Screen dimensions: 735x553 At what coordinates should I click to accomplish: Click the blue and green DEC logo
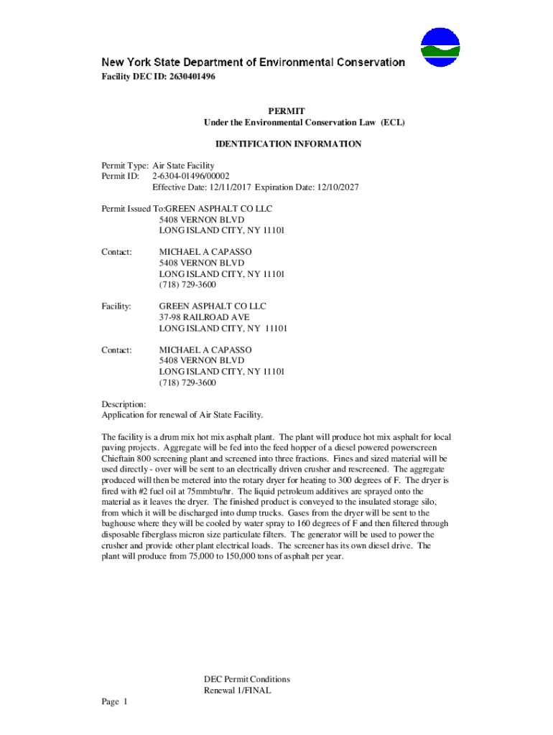[x=440, y=47]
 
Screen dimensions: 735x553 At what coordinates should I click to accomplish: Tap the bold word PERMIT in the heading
[x=286, y=111]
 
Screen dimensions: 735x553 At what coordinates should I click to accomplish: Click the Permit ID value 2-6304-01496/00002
[x=191, y=177]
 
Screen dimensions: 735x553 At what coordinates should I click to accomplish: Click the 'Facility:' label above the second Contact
[x=116, y=306]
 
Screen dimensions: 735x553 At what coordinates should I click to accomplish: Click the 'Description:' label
[x=124, y=404]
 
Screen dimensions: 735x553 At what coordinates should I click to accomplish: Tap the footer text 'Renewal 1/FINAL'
[x=237, y=691]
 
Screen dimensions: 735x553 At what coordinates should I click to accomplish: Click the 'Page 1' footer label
[x=113, y=702]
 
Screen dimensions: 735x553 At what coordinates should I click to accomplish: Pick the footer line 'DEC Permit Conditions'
[x=247, y=680]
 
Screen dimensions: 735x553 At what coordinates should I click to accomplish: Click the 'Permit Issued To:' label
[x=130, y=209]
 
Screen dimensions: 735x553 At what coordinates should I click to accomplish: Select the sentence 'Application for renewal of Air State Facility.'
[x=182, y=415]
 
